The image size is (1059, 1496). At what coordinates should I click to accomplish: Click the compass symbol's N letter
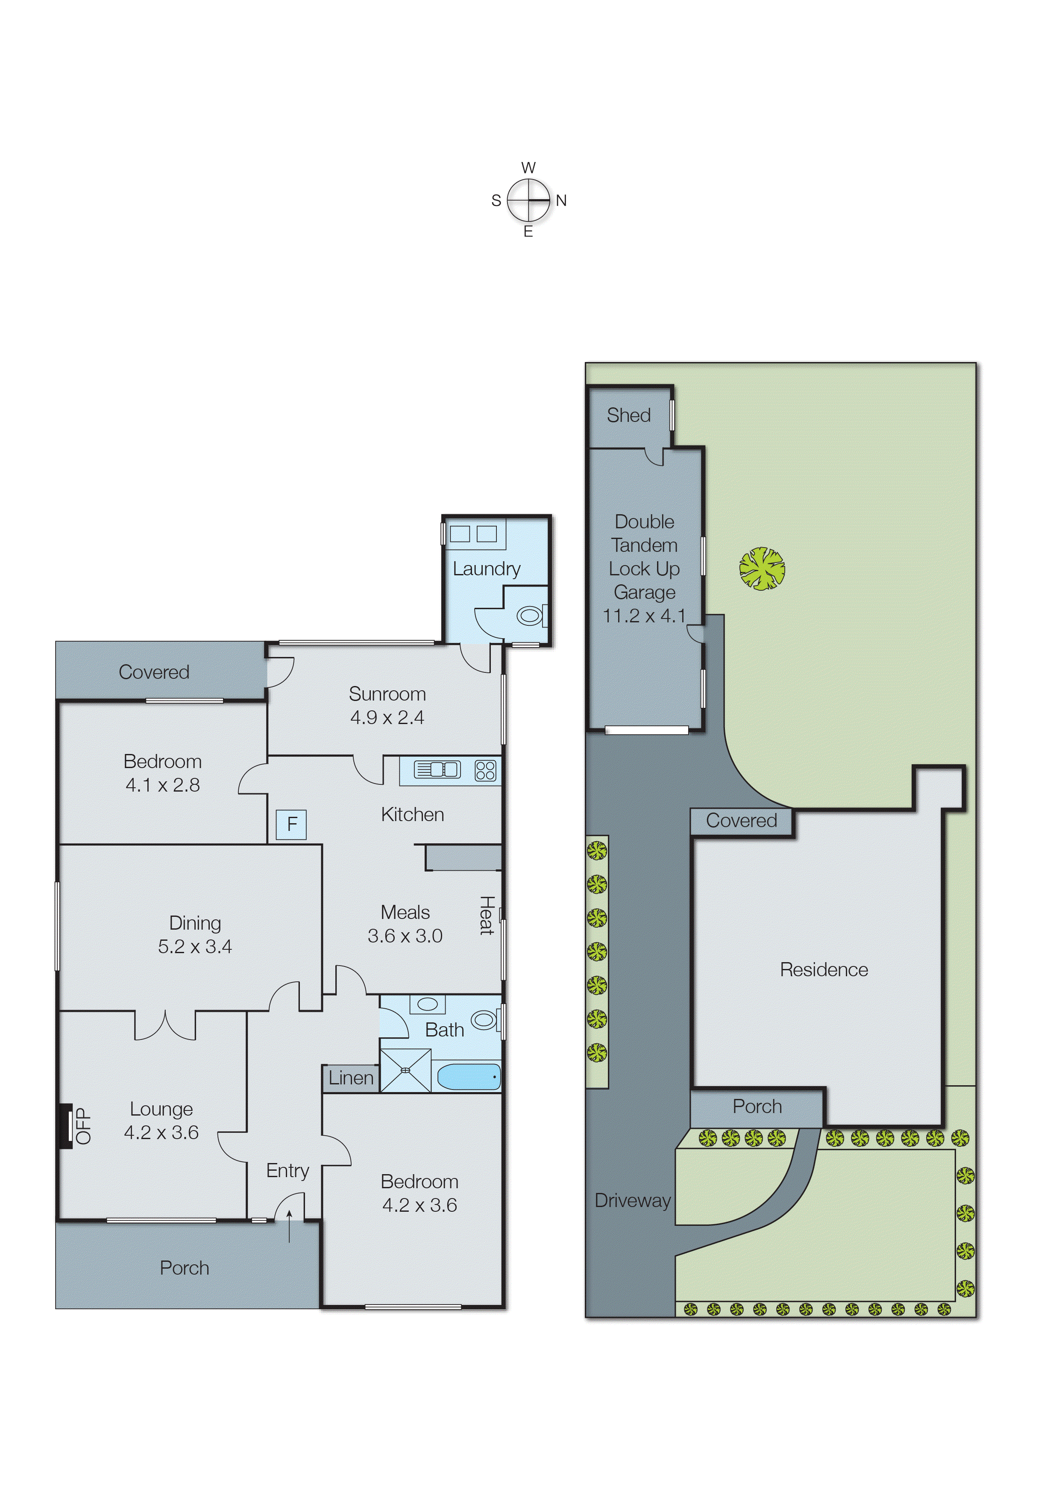click(x=561, y=201)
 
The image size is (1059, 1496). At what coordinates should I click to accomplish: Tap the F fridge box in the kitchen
click(x=291, y=824)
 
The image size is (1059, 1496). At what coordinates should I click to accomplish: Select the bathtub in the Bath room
click(x=468, y=1077)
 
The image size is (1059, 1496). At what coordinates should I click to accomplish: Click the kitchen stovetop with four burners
click(x=485, y=771)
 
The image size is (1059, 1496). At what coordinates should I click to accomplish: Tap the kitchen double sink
click(x=437, y=770)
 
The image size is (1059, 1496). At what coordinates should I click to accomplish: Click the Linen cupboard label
click(x=351, y=1078)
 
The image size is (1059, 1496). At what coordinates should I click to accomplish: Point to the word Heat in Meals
click(x=487, y=916)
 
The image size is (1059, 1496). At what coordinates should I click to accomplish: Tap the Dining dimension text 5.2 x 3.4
click(x=194, y=947)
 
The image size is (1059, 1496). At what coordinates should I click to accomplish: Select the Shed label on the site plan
click(x=629, y=415)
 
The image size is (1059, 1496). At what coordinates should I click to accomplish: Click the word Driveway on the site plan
click(x=633, y=1201)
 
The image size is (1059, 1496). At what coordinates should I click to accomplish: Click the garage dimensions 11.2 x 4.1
click(x=644, y=616)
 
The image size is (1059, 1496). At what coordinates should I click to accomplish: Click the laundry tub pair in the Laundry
click(x=473, y=534)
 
